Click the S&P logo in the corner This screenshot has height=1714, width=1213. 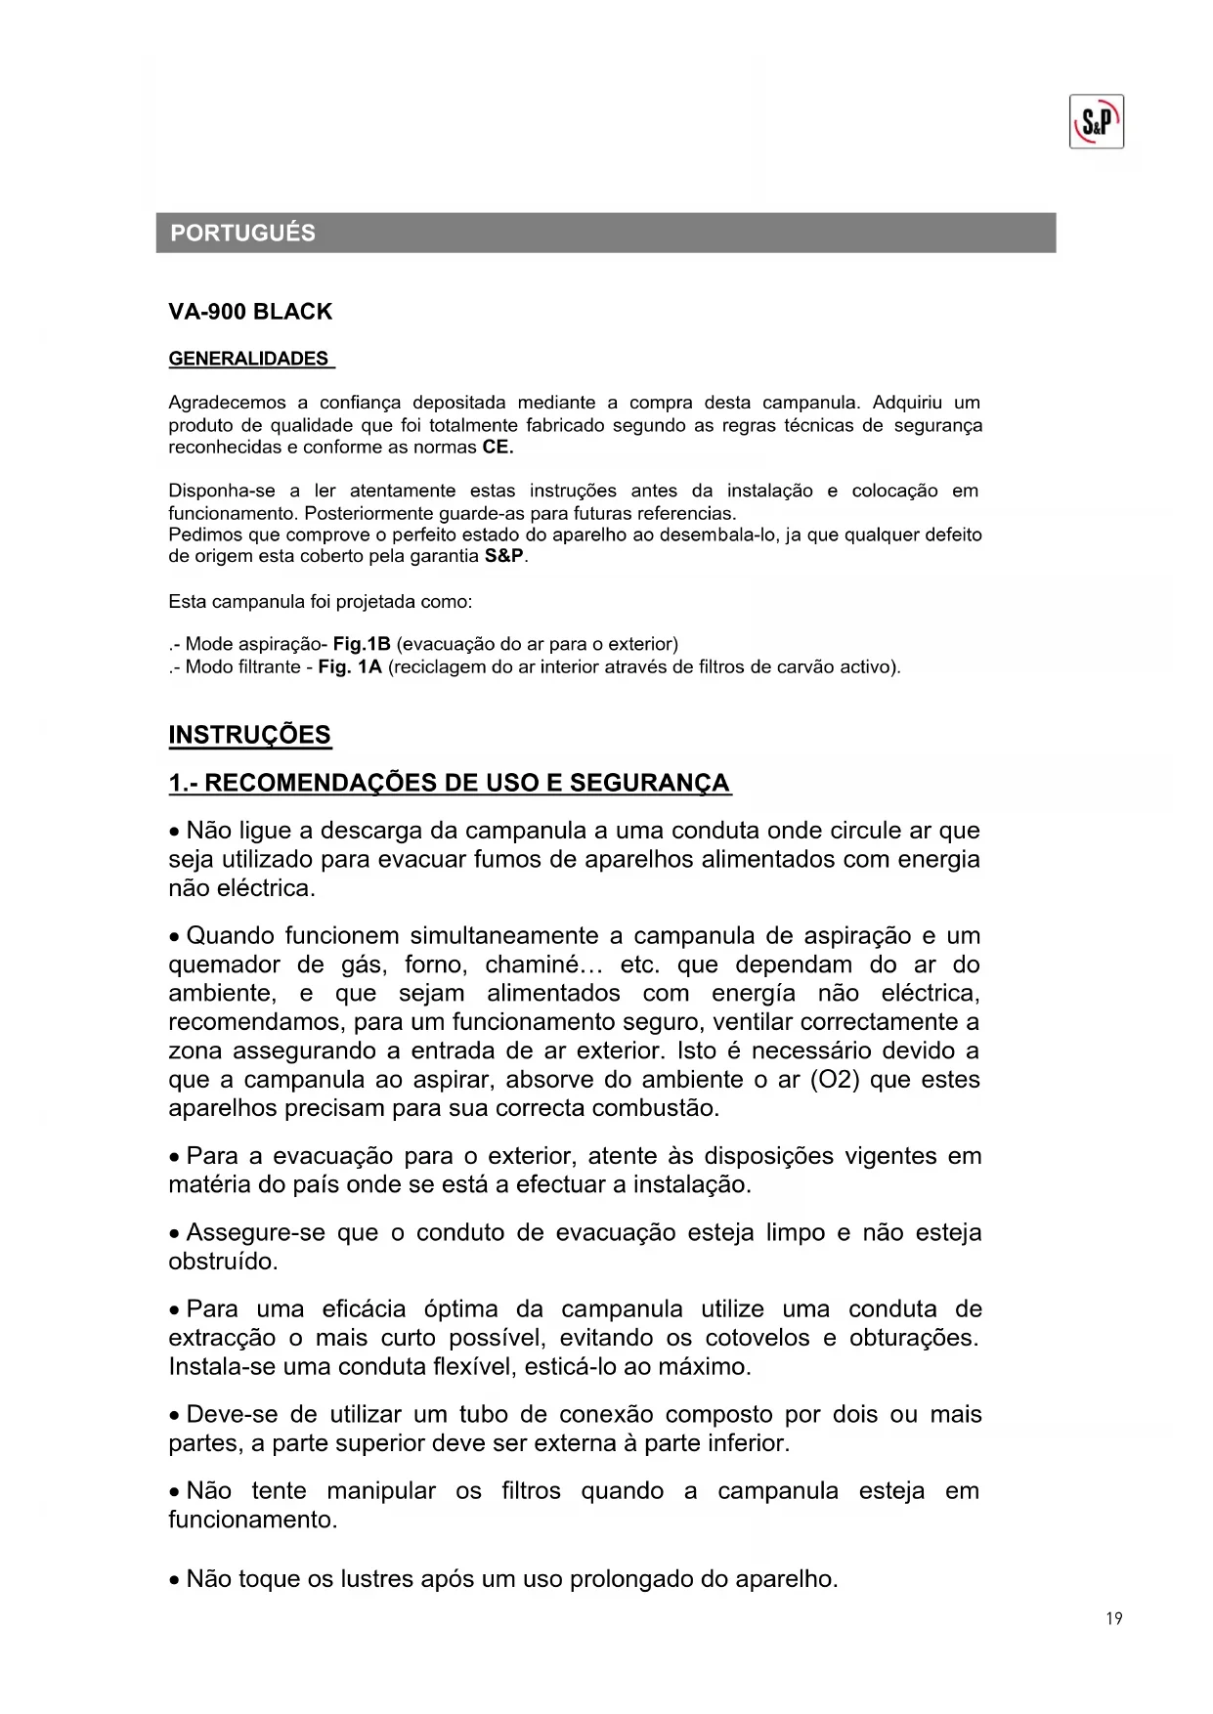point(1096,122)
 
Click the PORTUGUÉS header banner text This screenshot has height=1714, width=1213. point(242,234)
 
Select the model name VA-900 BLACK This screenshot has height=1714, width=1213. point(250,313)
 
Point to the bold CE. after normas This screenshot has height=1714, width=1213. point(498,448)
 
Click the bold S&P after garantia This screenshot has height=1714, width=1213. point(505,556)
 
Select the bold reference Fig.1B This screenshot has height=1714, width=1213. point(362,644)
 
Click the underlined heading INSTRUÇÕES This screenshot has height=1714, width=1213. point(250,735)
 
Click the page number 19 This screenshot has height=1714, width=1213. point(1114,1619)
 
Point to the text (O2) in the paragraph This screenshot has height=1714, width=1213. point(835,1080)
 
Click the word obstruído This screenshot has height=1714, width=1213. point(223,1262)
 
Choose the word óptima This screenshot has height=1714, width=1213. point(461,1309)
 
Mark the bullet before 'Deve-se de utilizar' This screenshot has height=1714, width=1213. point(174,1416)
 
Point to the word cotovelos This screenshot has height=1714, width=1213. point(758,1338)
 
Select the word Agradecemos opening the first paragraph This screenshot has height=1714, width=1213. point(227,403)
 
